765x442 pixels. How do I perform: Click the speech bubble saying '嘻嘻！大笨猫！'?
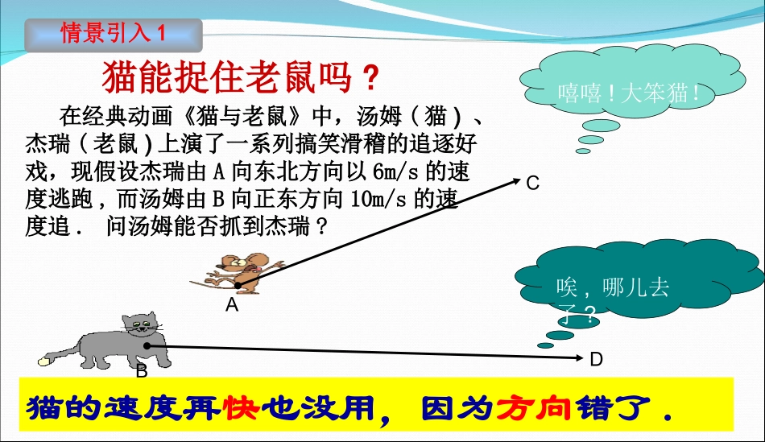[x=629, y=92]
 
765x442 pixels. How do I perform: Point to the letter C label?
[x=532, y=184]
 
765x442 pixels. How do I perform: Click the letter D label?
[x=597, y=360]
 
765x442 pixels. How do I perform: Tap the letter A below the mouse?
[x=232, y=305]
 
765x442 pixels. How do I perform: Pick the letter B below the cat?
[x=142, y=371]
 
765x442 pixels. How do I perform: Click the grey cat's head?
[x=142, y=327]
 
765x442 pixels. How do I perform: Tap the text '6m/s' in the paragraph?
[x=394, y=171]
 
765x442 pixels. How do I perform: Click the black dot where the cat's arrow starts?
[x=147, y=346]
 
